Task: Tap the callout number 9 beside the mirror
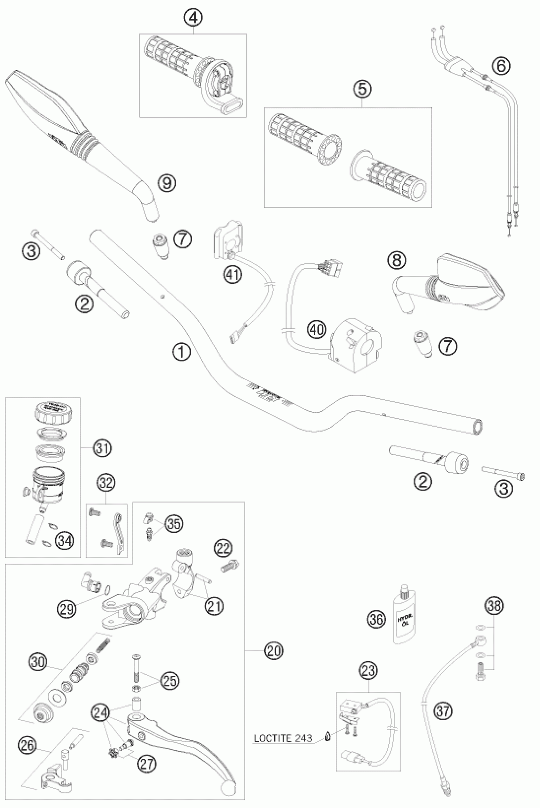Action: click(x=167, y=183)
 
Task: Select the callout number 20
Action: click(x=274, y=651)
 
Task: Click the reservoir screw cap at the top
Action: click(x=53, y=410)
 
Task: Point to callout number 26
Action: click(x=28, y=745)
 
